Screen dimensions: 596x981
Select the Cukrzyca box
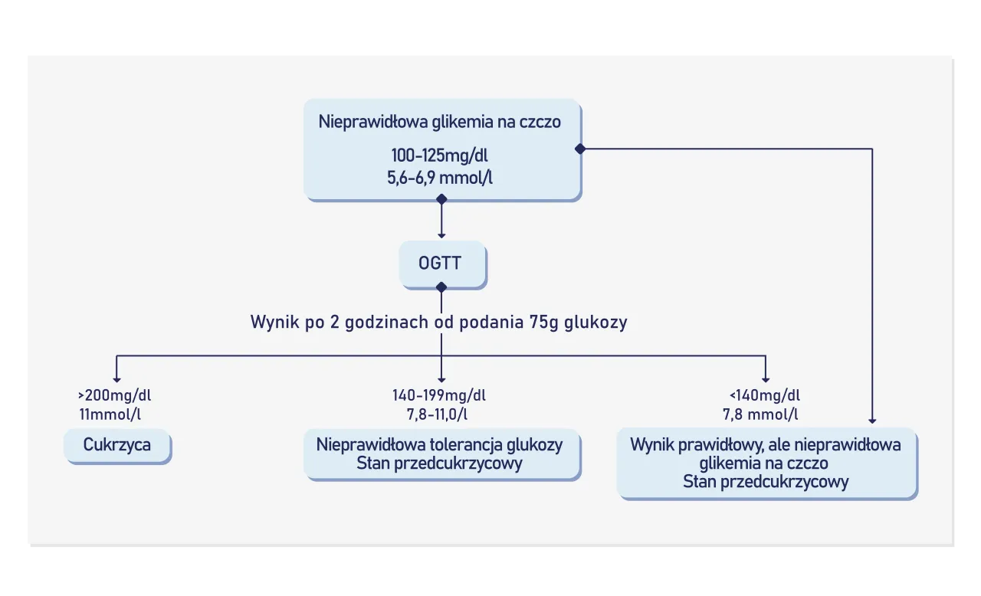(117, 445)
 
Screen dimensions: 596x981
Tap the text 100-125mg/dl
(439, 156)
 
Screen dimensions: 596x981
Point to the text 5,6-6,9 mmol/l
(439, 178)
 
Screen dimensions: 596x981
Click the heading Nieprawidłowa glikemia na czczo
(439, 122)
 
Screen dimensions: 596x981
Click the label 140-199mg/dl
(439, 396)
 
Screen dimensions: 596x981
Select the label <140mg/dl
(765, 396)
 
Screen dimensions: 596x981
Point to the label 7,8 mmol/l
(760, 414)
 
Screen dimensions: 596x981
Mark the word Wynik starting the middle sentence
(272, 323)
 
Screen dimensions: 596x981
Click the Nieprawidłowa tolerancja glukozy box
(439, 454)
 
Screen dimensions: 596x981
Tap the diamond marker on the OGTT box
(441, 287)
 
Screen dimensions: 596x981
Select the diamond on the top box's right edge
(580, 149)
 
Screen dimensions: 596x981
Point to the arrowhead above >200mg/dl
(116, 378)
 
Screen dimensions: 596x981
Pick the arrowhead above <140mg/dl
(766, 378)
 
